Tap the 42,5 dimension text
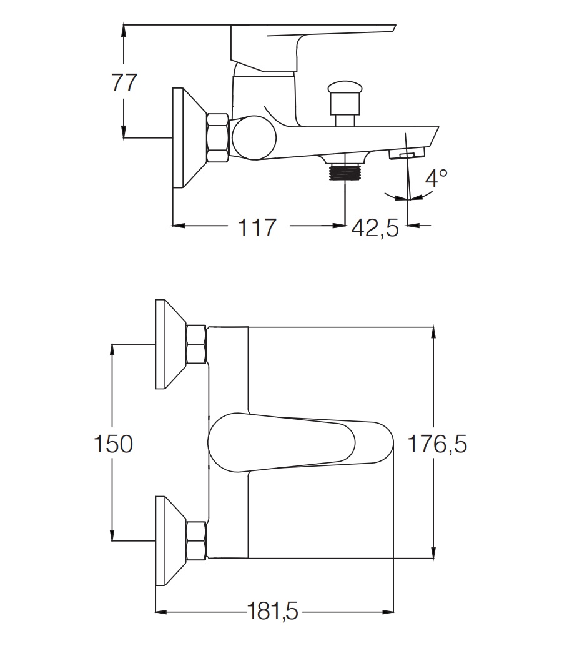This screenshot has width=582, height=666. (375, 227)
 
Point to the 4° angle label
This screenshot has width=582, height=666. (436, 179)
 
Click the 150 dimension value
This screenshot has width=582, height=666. (113, 444)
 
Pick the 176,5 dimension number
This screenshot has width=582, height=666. (437, 444)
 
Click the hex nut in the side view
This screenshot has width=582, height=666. (217, 137)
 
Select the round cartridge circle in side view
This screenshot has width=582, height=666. (252, 137)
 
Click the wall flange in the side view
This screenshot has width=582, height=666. (186, 137)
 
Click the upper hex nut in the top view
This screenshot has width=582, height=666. (197, 344)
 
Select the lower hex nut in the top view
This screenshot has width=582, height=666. (197, 541)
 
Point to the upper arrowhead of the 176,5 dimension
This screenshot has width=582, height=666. (433, 332)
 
